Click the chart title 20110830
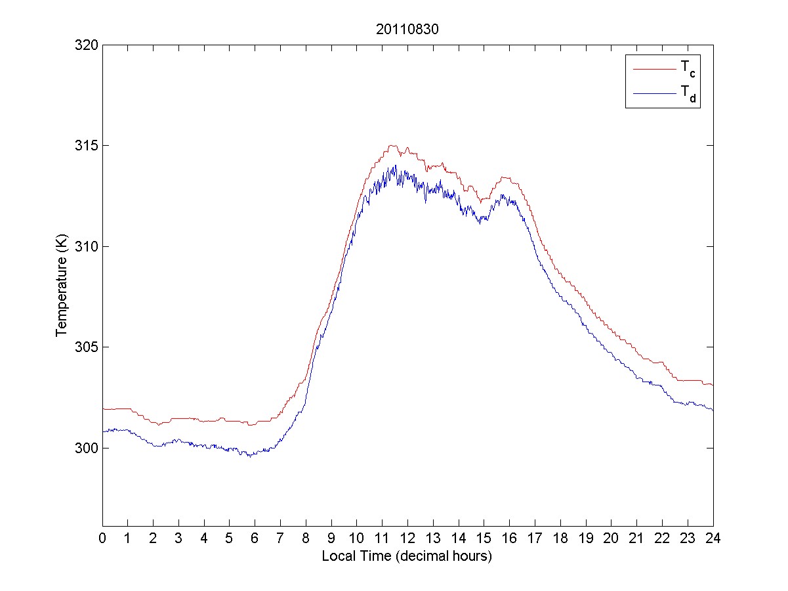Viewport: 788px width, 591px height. tap(407, 30)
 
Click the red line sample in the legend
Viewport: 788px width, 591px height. tap(653, 68)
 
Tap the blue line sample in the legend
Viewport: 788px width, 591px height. tap(653, 94)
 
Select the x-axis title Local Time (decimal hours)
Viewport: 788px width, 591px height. tap(407, 556)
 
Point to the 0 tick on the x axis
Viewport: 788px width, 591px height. tap(102, 538)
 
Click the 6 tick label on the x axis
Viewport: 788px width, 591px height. tap(255, 538)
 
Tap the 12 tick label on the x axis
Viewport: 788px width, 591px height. tap(407, 538)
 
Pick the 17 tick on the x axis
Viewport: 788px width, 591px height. tap(535, 538)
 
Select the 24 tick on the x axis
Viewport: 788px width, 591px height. tap(713, 538)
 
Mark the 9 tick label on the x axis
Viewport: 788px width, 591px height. tap(331, 538)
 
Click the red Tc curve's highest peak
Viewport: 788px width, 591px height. tap(392, 146)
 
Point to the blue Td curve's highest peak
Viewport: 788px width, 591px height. tap(396, 165)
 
